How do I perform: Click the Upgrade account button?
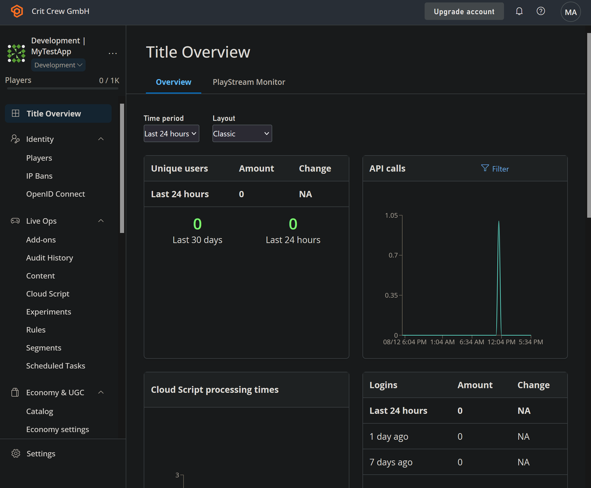click(x=464, y=11)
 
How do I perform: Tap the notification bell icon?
click(x=519, y=11)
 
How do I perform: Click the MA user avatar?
click(x=571, y=12)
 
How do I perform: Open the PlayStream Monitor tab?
click(x=249, y=82)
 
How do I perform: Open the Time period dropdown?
click(x=171, y=133)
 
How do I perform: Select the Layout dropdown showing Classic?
click(x=242, y=133)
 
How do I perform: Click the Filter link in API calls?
click(x=495, y=169)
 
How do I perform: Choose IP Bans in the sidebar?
click(x=40, y=176)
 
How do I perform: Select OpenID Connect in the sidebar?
click(x=56, y=194)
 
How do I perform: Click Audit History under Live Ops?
click(x=49, y=258)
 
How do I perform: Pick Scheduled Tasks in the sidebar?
click(x=56, y=366)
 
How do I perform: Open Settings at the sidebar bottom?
click(x=41, y=453)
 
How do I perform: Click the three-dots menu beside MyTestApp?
click(x=113, y=53)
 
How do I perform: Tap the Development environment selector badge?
click(x=58, y=65)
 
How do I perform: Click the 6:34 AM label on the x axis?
click(x=471, y=342)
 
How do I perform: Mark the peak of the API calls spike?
click(x=499, y=221)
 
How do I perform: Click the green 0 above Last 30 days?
click(x=197, y=224)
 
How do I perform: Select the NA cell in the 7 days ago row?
click(x=523, y=462)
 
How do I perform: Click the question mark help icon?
click(x=541, y=11)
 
